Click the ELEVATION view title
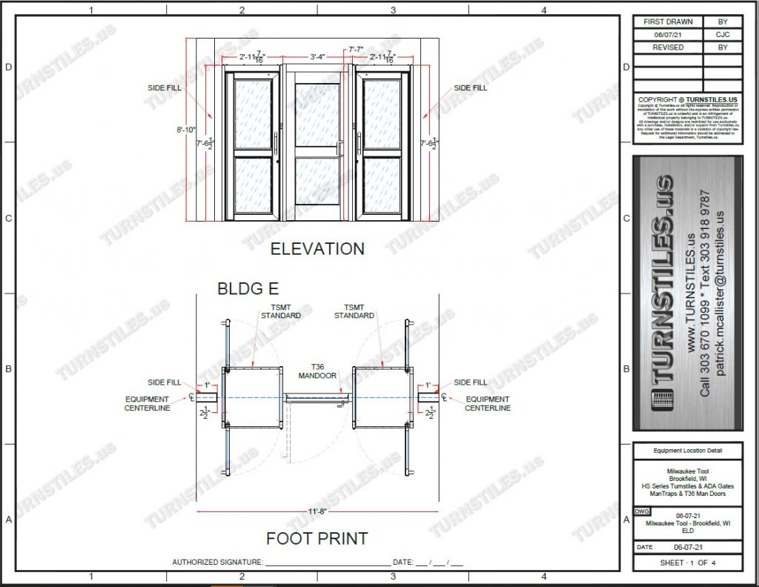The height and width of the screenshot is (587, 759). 317,248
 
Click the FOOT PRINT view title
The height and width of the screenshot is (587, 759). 316,538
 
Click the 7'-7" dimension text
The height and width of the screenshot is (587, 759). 357,50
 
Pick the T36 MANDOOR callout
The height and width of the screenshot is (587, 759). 319,370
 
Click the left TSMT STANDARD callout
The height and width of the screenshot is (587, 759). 281,311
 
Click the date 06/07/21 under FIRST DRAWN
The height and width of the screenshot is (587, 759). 668,35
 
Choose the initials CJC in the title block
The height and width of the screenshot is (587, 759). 722,35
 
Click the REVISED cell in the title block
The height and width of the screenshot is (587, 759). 668,47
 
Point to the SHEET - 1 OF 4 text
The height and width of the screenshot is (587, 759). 688,563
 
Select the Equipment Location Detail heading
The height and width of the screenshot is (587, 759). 687,451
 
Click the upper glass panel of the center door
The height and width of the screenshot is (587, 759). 318,116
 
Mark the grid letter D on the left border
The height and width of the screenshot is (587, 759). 9,67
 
